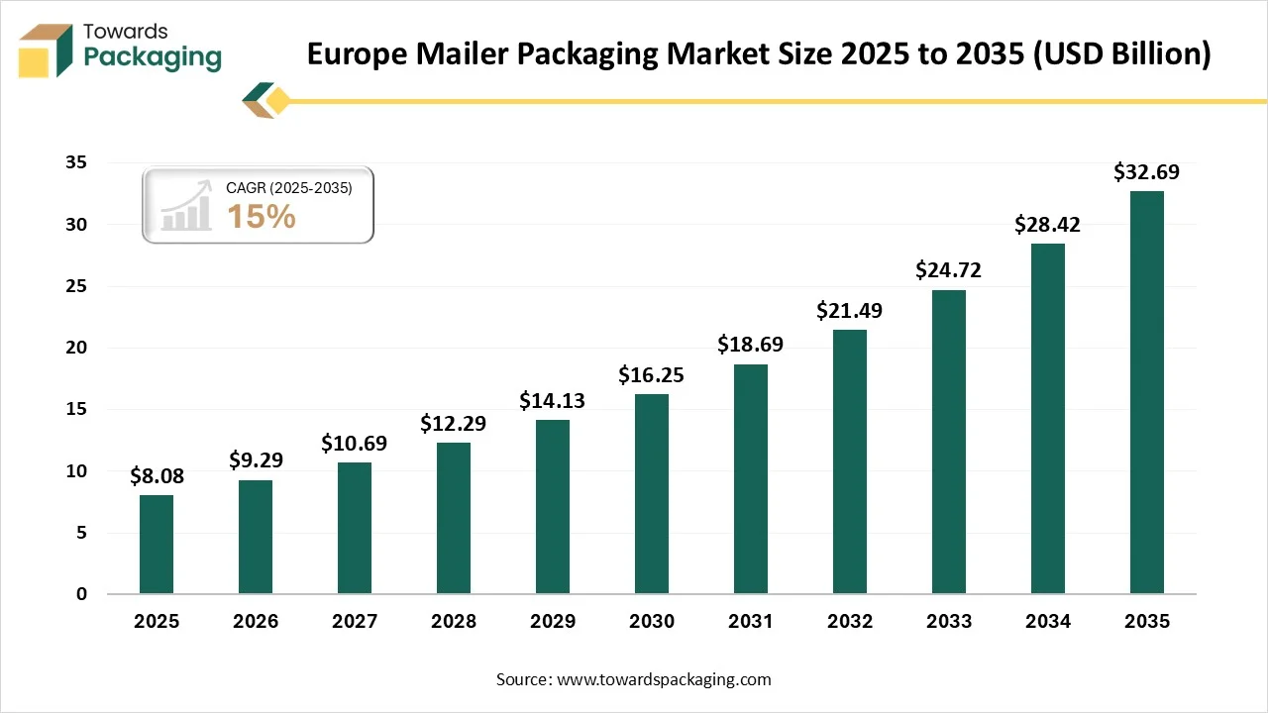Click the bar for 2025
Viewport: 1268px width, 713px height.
point(157,545)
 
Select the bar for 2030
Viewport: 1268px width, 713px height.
point(652,494)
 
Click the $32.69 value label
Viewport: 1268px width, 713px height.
point(1146,172)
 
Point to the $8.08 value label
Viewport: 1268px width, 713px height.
point(157,476)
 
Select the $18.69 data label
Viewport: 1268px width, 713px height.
point(750,345)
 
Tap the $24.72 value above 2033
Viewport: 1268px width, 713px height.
point(948,270)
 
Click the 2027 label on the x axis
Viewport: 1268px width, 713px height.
point(355,622)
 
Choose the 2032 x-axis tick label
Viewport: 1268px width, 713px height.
point(850,622)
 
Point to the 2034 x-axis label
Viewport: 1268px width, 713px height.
point(1048,622)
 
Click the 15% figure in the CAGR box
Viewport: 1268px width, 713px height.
point(262,216)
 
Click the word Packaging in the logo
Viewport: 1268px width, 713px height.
point(153,57)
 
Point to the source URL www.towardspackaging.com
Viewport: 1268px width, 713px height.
point(664,679)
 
